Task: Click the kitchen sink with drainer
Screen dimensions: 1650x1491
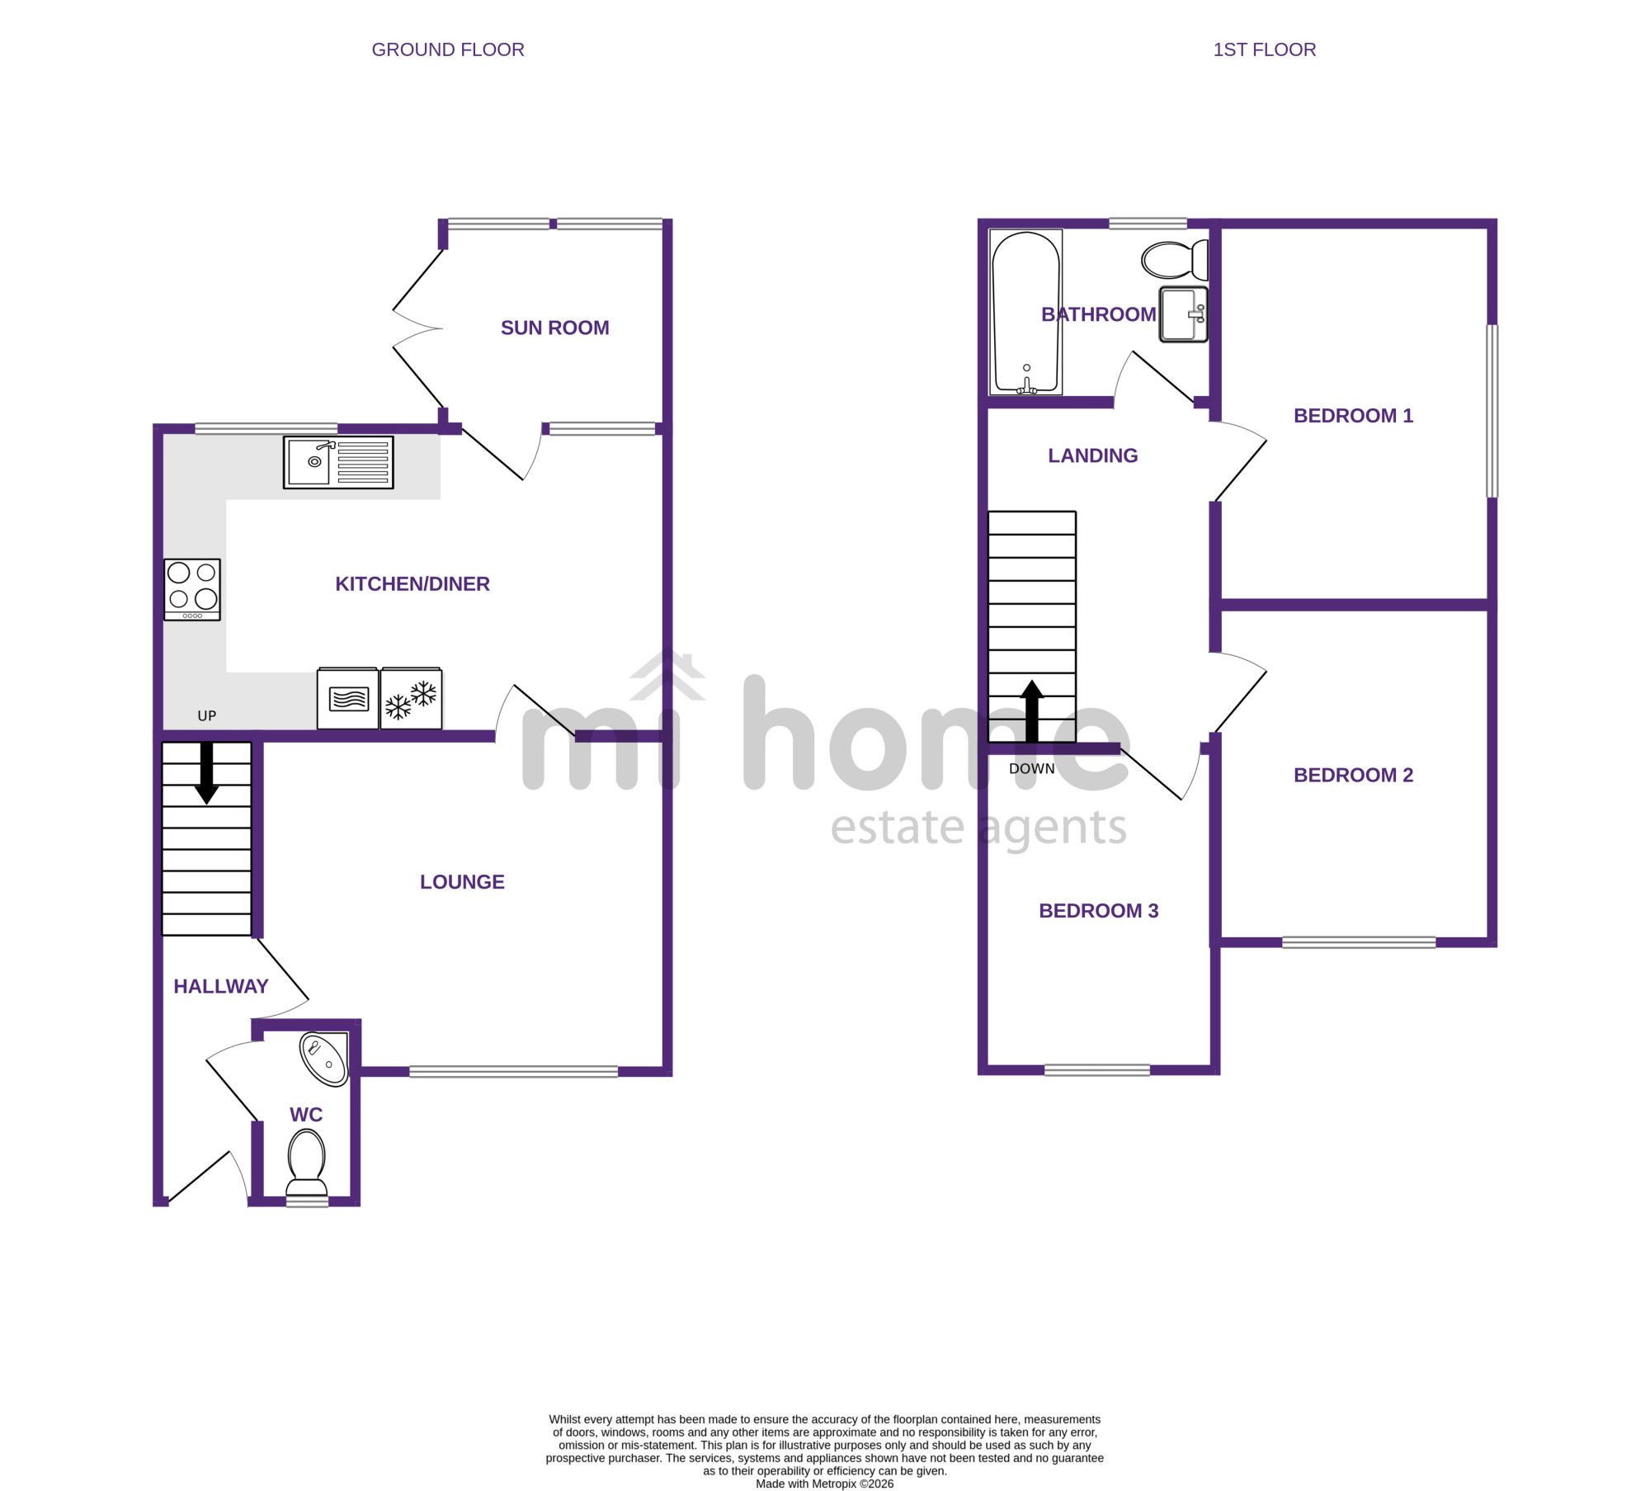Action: coord(338,462)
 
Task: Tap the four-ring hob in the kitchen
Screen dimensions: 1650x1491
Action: coord(192,589)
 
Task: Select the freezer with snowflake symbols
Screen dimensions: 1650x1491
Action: coord(411,698)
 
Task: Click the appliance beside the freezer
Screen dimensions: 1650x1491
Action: coord(348,698)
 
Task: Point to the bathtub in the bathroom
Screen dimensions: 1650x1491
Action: coord(1025,312)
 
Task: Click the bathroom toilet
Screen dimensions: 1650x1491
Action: coord(1175,260)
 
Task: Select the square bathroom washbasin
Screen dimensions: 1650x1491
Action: coord(1184,314)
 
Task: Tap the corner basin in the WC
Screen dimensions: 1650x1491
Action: coord(325,1058)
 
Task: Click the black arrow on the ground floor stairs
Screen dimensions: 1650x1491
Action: coord(206,773)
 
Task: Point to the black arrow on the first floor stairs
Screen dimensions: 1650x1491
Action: coord(1032,711)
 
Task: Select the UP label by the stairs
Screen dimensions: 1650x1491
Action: coord(207,716)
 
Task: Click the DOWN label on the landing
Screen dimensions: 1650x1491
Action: coord(1032,769)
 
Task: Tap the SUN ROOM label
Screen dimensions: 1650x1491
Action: coord(555,328)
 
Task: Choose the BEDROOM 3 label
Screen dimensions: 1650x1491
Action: coord(1099,911)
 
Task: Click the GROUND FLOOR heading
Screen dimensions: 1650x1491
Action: coord(448,50)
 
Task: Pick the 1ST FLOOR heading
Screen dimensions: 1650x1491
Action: coord(1265,50)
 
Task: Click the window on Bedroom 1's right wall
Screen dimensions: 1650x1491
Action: coord(1492,411)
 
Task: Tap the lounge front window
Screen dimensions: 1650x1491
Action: coord(514,1072)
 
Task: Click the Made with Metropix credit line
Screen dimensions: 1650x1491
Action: coord(825,1484)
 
